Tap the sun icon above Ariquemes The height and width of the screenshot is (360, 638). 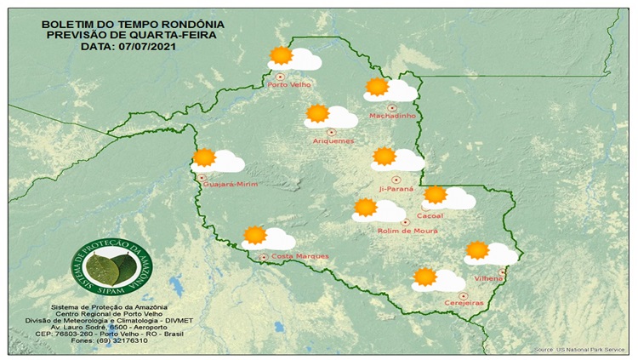coord(317,113)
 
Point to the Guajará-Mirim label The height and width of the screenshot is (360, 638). coord(226,183)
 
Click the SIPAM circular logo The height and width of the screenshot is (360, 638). coord(107,266)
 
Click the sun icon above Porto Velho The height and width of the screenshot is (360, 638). coord(280,56)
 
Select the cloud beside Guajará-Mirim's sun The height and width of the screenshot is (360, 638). coord(228,162)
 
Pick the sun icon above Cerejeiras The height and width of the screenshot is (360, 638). coord(424,277)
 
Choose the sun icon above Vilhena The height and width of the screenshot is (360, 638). coord(476,250)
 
